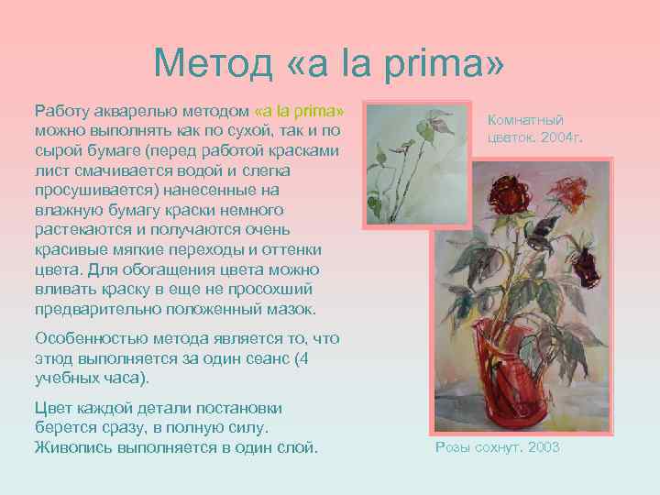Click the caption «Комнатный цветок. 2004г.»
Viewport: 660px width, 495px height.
[535, 129]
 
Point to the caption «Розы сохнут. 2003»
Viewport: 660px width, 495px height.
[497, 447]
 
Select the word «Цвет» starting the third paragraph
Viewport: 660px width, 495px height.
[53, 408]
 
